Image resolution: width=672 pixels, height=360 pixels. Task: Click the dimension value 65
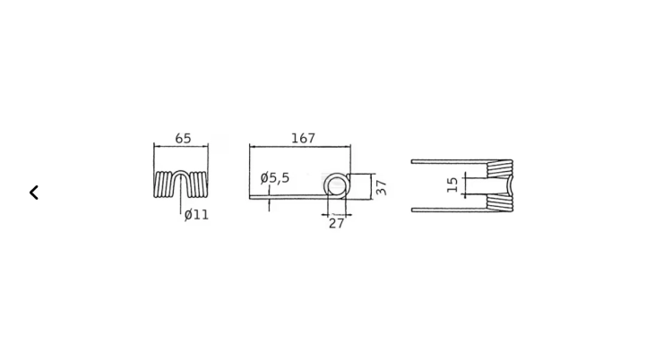(183, 139)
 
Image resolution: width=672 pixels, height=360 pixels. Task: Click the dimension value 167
(304, 138)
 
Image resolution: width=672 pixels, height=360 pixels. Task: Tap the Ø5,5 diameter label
(275, 178)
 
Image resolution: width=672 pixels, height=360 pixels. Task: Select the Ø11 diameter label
(196, 215)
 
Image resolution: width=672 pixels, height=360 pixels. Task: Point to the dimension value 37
(381, 187)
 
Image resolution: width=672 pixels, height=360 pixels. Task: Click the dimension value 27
(336, 223)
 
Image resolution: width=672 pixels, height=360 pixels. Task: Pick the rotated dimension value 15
(452, 184)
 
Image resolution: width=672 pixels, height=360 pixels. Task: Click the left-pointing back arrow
(34, 193)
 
